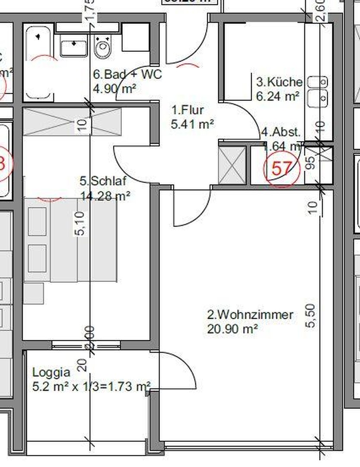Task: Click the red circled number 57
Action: coord(281,168)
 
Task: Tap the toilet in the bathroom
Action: coord(103,45)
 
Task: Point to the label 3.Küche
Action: coord(279,82)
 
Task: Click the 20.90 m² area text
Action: coord(233,329)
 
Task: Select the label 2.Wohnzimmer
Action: coord(250,315)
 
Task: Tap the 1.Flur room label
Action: coord(188,110)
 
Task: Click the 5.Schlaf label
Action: coord(103,181)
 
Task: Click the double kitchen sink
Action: coord(318,91)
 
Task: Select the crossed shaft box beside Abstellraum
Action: coord(232,165)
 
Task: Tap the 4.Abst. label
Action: coord(280,133)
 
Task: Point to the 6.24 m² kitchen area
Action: coord(278,96)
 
